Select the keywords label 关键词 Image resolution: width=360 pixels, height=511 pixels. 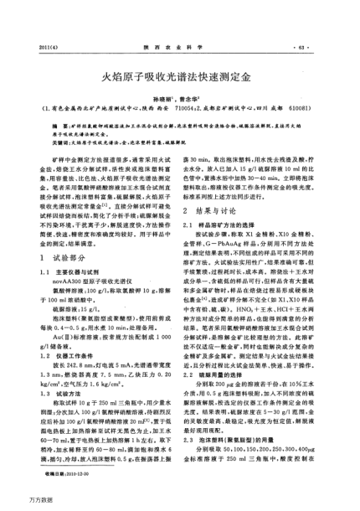coord(61,144)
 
